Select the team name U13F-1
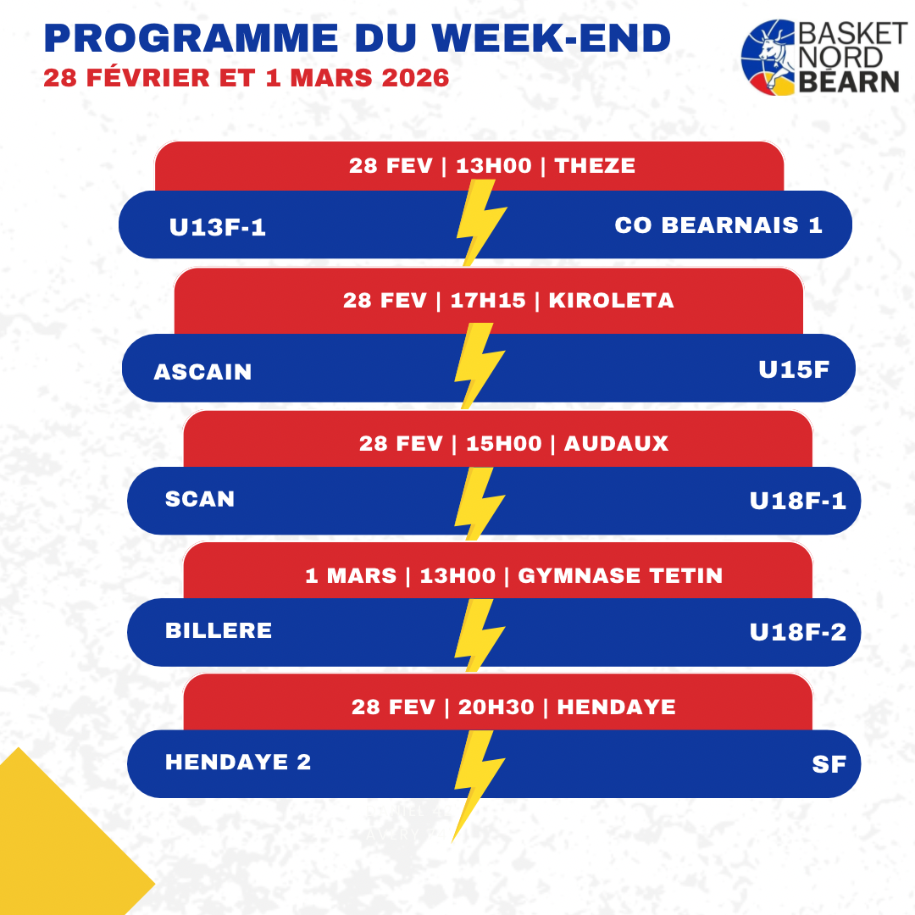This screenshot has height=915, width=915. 218,227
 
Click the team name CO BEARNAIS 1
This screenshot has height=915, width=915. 718,225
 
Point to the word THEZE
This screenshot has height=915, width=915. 595,165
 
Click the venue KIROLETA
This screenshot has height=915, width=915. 611,300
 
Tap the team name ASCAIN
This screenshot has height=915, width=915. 202,372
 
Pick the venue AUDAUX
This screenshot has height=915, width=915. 616,443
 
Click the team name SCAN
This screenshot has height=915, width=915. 200,499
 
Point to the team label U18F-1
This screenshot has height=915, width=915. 798,501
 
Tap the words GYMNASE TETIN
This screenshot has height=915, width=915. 620,576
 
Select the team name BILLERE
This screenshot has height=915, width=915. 219,630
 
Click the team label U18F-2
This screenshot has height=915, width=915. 798,632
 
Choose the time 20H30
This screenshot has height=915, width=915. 496,707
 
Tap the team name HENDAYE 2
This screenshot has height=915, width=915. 238,762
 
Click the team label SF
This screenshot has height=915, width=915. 829,764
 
